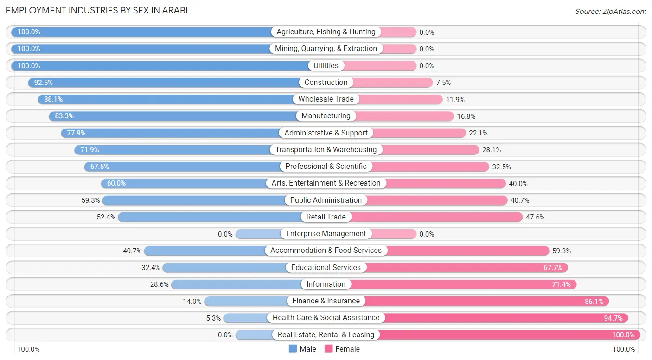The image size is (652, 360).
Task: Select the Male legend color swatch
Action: pos(293,349)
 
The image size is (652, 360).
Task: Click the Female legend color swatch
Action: pos(329,349)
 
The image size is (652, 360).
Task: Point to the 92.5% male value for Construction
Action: pos(44,83)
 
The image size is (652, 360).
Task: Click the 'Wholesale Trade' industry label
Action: pos(326,99)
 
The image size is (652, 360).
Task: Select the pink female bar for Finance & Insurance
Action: pos(487,301)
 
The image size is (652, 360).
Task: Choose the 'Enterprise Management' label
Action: pos(326,234)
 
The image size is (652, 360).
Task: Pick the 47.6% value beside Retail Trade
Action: pos(535,217)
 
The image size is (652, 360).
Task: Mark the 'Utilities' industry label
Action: pos(326,65)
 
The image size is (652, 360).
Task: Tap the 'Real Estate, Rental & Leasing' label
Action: pos(326,334)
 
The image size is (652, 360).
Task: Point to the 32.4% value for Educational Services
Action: pos(151,268)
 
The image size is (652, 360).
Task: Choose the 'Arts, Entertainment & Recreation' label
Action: pos(326,183)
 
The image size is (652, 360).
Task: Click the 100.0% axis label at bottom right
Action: pos(624,349)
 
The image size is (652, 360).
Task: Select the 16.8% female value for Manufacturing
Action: pos(466,116)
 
